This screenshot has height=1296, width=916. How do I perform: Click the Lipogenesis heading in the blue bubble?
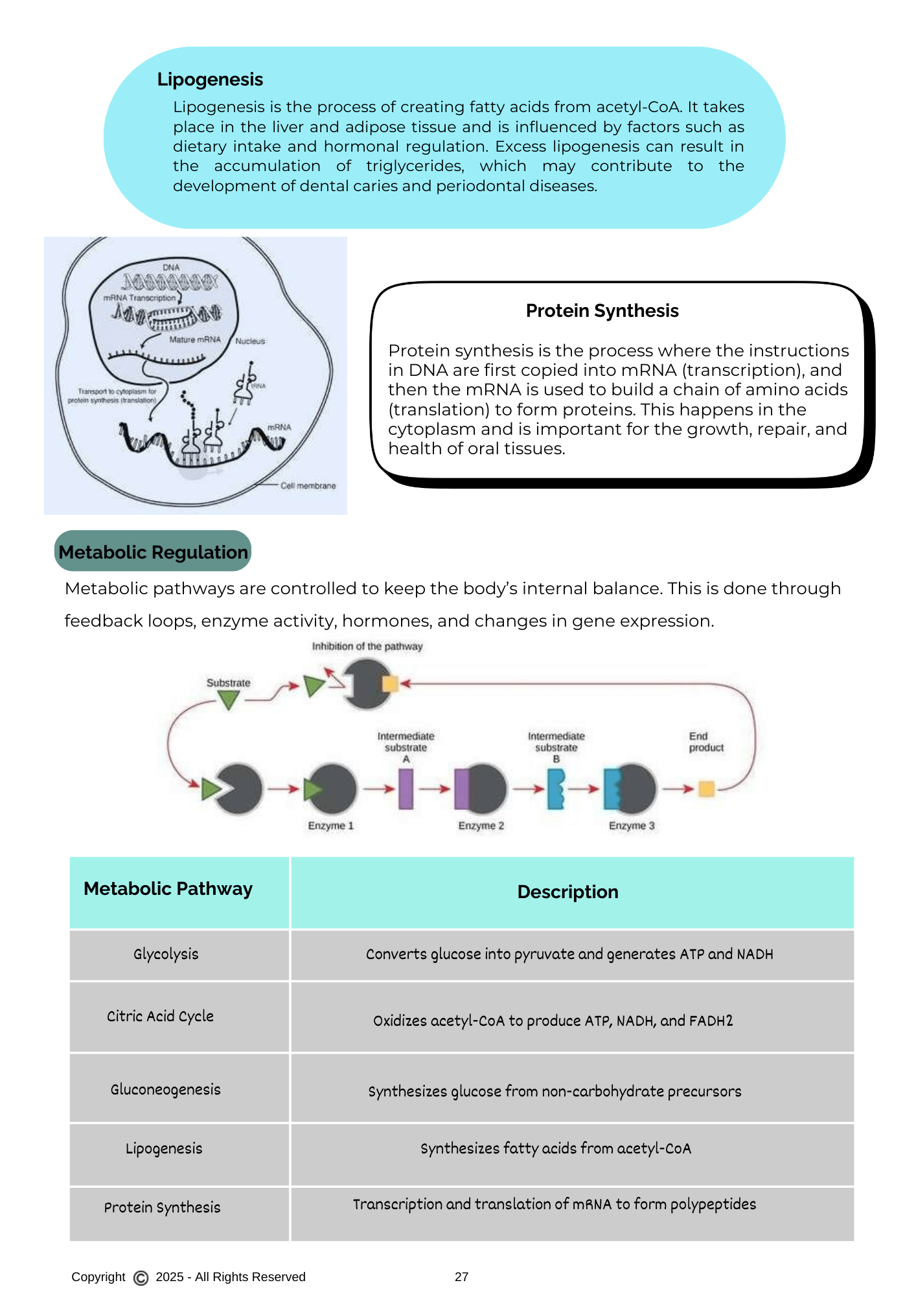click(210, 80)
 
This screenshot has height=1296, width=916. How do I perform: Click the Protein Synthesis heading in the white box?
click(602, 311)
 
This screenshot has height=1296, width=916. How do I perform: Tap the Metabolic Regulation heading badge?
click(153, 552)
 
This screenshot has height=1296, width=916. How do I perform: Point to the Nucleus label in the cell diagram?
click(250, 341)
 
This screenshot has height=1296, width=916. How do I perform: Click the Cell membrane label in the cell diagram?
click(308, 486)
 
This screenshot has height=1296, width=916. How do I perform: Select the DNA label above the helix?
click(171, 267)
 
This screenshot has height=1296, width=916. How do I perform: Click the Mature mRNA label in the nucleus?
click(194, 340)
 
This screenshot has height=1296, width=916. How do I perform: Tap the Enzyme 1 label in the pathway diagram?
click(330, 826)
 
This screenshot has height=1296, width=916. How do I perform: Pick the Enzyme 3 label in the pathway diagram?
click(632, 826)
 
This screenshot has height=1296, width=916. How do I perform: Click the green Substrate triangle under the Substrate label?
click(229, 699)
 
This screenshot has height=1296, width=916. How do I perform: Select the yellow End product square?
click(706, 789)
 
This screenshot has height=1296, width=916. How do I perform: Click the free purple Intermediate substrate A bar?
click(406, 789)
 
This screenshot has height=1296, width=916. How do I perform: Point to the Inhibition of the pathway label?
click(367, 646)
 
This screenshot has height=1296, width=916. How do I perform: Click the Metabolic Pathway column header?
click(168, 889)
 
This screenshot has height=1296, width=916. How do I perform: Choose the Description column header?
click(567, 892)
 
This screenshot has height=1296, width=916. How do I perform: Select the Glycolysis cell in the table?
click(166, 954)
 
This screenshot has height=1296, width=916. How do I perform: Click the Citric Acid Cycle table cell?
click(160, 1016)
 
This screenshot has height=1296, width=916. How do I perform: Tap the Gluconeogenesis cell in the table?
click(165, 1089)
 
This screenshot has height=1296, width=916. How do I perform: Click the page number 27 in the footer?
click(461, 1277)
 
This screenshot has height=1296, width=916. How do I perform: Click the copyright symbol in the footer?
click(141, 1277)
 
